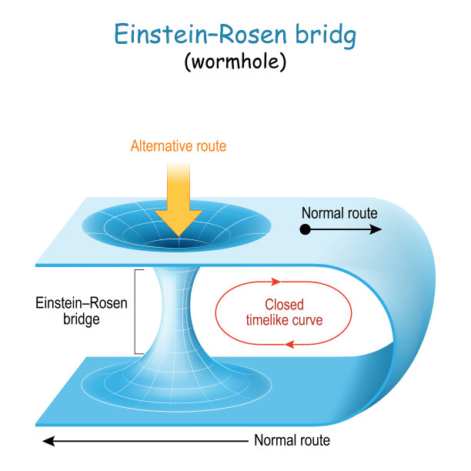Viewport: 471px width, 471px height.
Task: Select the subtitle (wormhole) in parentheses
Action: coord(235,62)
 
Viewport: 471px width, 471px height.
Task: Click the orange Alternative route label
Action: coord(179,145)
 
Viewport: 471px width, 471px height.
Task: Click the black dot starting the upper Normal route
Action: coord(306,229)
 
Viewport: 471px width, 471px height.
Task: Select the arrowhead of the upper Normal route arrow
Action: coord(376,229)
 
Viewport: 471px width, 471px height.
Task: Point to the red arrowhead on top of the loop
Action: coord(275,282)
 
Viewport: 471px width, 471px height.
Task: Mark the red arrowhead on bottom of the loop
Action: coord(291,343)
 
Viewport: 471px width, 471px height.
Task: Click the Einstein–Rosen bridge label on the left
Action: coord(82,311)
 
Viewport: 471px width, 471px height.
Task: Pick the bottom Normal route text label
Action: coord(292,440)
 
